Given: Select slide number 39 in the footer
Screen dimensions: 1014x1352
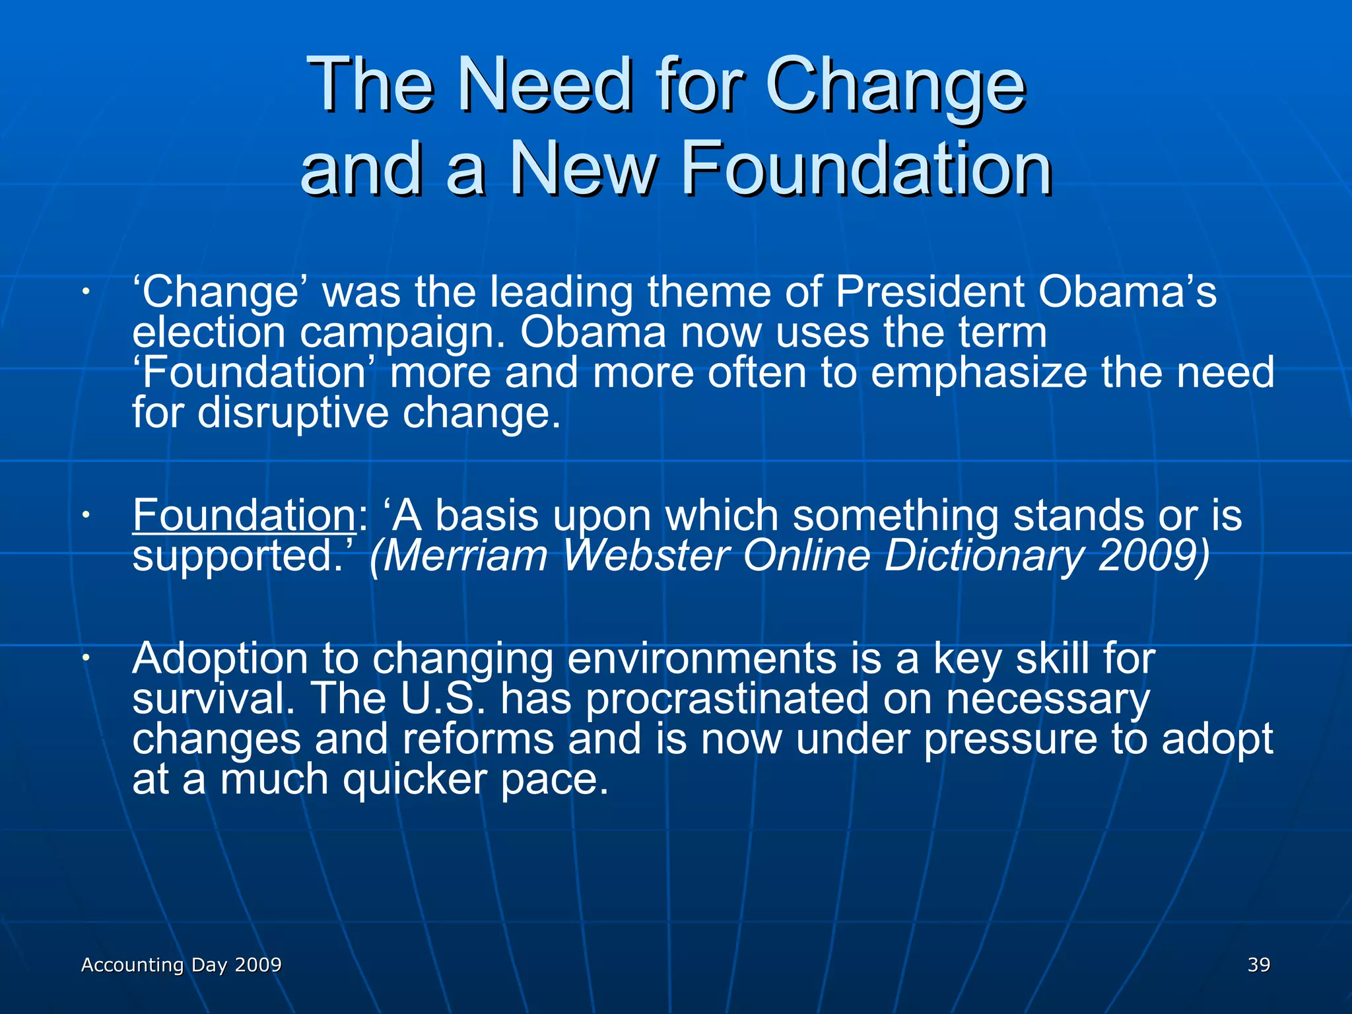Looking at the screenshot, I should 1258,964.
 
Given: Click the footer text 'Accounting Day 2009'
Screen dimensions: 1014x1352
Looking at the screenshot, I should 181,964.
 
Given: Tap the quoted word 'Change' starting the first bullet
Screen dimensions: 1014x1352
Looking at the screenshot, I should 218,292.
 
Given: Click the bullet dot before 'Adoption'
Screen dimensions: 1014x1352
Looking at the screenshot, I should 85,658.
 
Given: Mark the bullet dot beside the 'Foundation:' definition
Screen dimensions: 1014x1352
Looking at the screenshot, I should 85,514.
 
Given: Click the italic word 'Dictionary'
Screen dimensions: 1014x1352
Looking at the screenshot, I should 984,555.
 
